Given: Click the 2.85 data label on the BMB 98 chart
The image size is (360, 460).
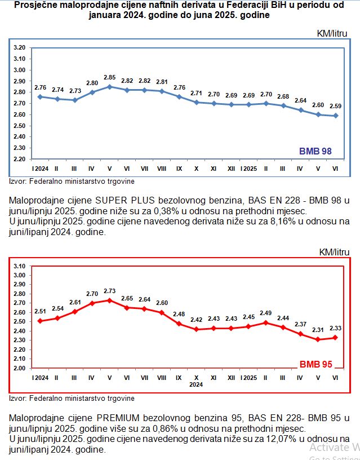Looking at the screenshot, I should tap(109, 77).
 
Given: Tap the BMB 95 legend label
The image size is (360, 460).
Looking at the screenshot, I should tap(315, 364).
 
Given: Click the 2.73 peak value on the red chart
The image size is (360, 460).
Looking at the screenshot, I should tap(109, 291).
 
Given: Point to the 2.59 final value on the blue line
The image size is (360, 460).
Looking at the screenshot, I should tap(336, 106).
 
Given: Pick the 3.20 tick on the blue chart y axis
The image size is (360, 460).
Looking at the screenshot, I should tap(20, 48).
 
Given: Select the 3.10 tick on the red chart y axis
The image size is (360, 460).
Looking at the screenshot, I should tap(20, 266).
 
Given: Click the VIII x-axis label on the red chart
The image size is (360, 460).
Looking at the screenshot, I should tap(161, 377).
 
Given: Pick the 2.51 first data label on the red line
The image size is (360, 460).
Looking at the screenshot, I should tap(40, 311).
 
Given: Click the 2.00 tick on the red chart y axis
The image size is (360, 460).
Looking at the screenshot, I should tap(20, 368).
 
